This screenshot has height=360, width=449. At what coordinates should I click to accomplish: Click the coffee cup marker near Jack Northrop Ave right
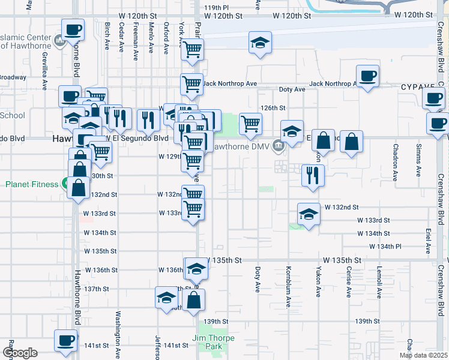click(x=367, y=76)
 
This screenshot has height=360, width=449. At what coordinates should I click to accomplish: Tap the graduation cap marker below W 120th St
click(x=261, y=43)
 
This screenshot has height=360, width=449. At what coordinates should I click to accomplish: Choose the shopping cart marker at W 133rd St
click(x=193, y=209)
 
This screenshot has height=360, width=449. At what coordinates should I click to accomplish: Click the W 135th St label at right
click(x=342, y=260)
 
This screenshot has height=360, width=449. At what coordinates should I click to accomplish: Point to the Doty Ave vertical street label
click(x=258, y=279)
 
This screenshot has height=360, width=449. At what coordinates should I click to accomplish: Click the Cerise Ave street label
click(x=349, y=282)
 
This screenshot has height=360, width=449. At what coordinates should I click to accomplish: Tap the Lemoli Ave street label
click(x=379, y=282)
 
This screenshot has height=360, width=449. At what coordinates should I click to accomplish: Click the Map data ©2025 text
click(x=423, y=355)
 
